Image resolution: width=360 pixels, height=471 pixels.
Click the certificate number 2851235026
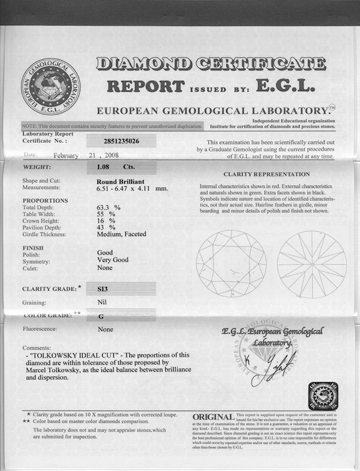coord(122,140)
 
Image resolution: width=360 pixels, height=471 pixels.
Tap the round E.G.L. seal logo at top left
coord(51,86)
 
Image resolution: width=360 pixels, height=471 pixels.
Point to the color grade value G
coord(100,315)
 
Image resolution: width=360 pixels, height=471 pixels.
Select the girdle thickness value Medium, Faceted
coord(121,234)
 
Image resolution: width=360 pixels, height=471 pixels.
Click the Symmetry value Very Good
coord(113,260)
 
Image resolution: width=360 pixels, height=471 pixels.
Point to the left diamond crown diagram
coord(231,264)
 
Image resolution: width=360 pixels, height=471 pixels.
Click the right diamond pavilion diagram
coord(312,264)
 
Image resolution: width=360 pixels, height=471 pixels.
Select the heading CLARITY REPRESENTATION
coord(267,174)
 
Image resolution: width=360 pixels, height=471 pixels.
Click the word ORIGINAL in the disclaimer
coord(213,417)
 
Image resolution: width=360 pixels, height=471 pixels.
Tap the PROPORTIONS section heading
coord(45,200)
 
